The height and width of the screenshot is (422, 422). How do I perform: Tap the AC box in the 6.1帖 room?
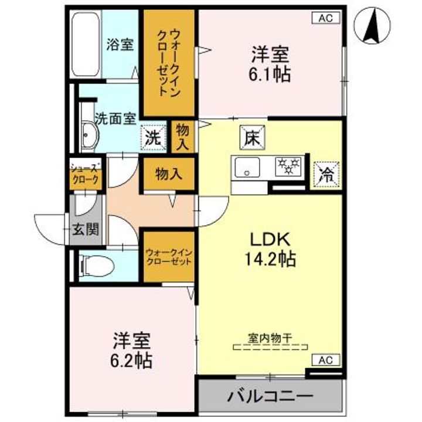coord(329,18)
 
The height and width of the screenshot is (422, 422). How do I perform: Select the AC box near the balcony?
coord(329,360)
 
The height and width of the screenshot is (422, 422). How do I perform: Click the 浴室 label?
coord(120,44)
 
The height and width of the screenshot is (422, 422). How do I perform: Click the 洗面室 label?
coord(115,117)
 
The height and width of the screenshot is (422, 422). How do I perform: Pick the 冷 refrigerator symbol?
coord(324,173)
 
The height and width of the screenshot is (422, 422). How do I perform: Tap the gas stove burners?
coord(289,166)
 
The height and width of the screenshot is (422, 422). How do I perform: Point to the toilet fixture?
coord(94,266)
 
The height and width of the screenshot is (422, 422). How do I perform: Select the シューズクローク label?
coord(85,174)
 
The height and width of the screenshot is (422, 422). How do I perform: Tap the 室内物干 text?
coord(270,338)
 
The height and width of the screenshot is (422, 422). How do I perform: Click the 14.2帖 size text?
coord(270,258)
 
